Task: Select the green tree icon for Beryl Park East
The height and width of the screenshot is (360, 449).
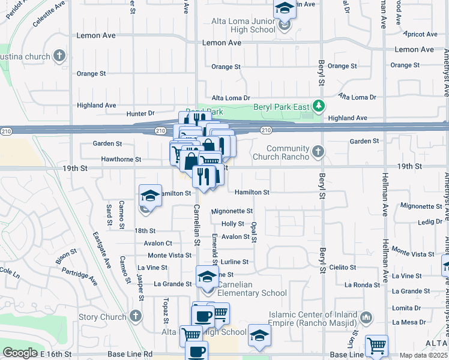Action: tap(319, 106)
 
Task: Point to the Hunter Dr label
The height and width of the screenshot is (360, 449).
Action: tap(140, 113)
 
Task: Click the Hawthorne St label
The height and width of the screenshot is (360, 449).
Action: tap(121, 160)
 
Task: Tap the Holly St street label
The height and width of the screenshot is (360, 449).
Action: tap(233, 224)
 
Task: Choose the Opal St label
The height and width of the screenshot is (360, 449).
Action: tap(254, 232)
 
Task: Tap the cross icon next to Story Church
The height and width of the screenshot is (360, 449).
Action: tap(136, 316)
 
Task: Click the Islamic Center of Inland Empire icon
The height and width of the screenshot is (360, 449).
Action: tap(366, 317)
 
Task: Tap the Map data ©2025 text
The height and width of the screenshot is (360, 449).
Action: tap(423, 355)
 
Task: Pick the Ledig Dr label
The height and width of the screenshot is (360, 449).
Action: tap(430, 221)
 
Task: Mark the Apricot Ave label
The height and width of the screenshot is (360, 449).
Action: tap(421, 35)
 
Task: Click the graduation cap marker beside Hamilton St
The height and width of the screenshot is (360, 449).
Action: tap(149, 196)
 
